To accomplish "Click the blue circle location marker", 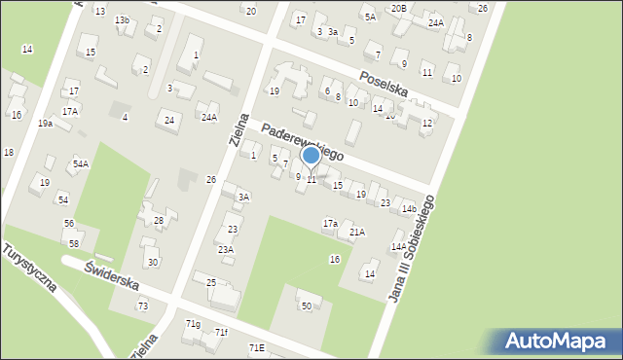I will [x=311, y=155].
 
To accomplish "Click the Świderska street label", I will [x=112, y=276].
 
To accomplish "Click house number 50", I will [x=306, y=306].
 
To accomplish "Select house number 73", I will [x=143, y=306].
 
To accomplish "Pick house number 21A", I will [x=357, y=232].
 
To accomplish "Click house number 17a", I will [x=330, y=224].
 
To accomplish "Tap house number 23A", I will [x=225, y=249].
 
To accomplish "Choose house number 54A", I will [x=80, y=164].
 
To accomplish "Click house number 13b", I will [x=121, y=20].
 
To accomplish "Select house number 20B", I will [x=398, y=8].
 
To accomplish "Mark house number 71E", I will [x=256, y=347].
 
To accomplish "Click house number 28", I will [x=159, y=221].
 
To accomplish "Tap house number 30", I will [x=152, y=263].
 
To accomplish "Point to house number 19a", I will [x=45, y=124].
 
